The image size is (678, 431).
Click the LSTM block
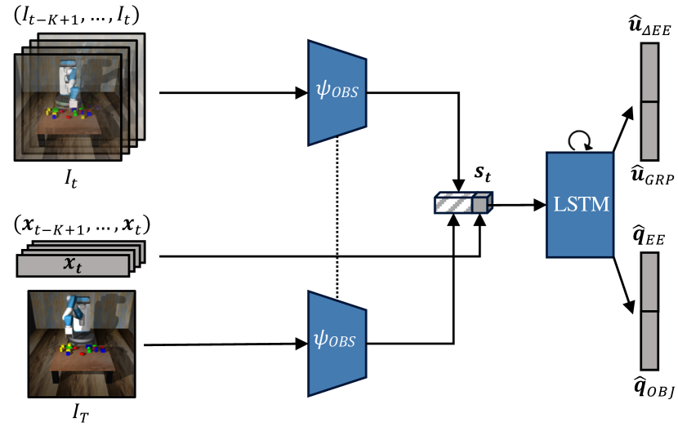point(580,204)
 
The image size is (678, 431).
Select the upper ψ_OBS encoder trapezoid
point(337,93)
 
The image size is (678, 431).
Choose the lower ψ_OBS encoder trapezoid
point(337,343)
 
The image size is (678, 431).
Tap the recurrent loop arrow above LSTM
point(579,141)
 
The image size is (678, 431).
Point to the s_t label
point(483,173)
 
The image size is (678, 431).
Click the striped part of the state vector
point(453,202)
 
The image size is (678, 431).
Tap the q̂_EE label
point(649,236)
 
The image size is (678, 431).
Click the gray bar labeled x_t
point(73,265)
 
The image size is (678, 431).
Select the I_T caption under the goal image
point(80,413)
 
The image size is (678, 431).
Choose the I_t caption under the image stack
point(71,178)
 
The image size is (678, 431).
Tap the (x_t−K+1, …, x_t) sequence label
point(83,225)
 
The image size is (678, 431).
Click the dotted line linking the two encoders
point(337,217)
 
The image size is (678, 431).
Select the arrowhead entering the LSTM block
point(540,205)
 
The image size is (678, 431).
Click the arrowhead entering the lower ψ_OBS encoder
point(301,344)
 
